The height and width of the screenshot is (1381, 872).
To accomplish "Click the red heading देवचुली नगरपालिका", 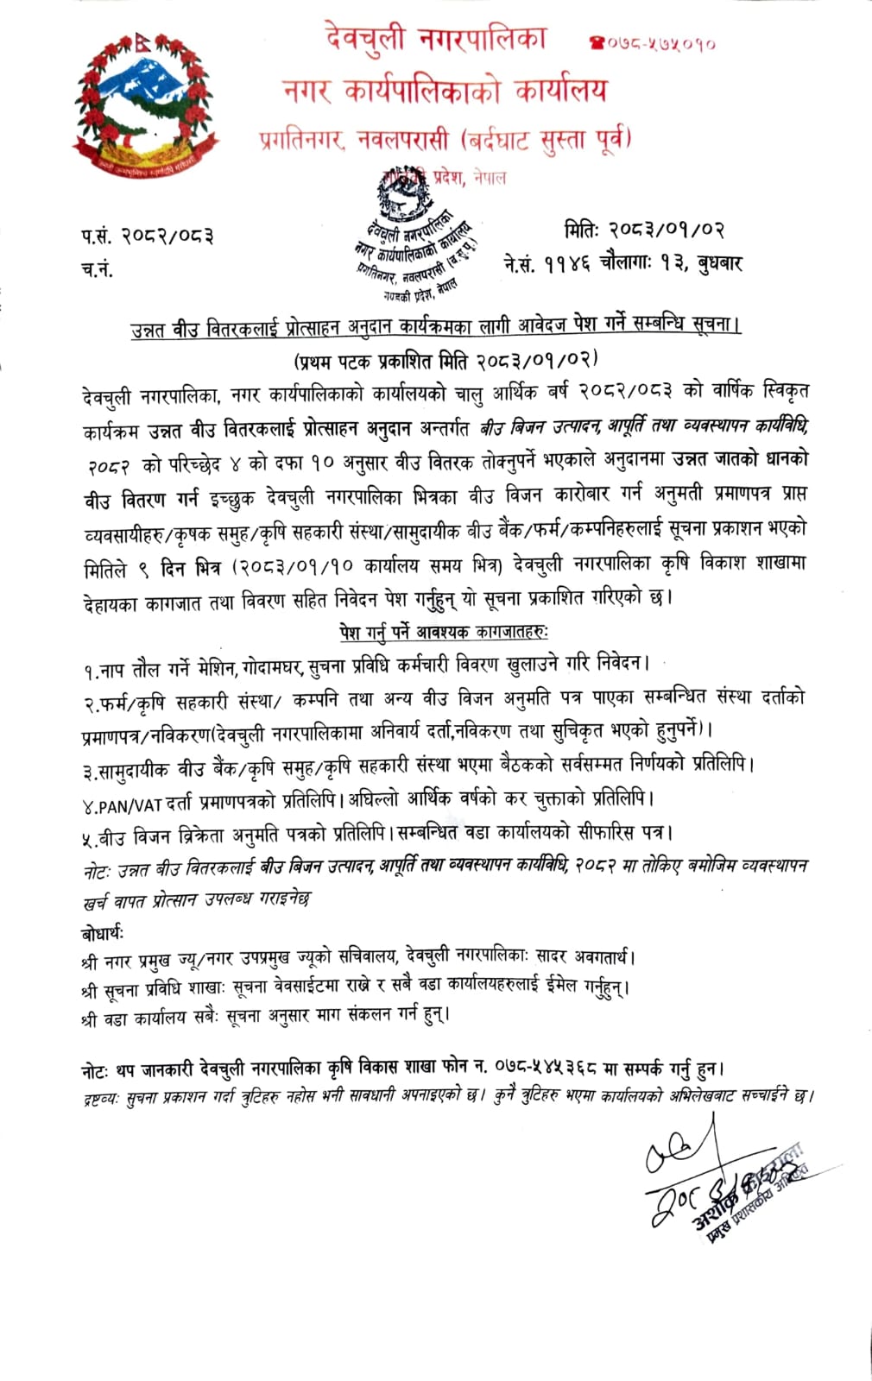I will click(x=436, y=40).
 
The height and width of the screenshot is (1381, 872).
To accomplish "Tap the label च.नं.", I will click(x=97, y=269).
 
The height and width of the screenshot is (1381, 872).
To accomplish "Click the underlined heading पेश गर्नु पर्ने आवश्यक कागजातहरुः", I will click(x=443, y=633).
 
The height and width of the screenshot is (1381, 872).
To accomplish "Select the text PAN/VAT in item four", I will click(x=129, y=804).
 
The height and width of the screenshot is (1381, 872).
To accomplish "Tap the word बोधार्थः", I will click(x=103, y=933).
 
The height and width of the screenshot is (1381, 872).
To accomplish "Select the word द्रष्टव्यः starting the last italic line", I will click(x=104, y=1097).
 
